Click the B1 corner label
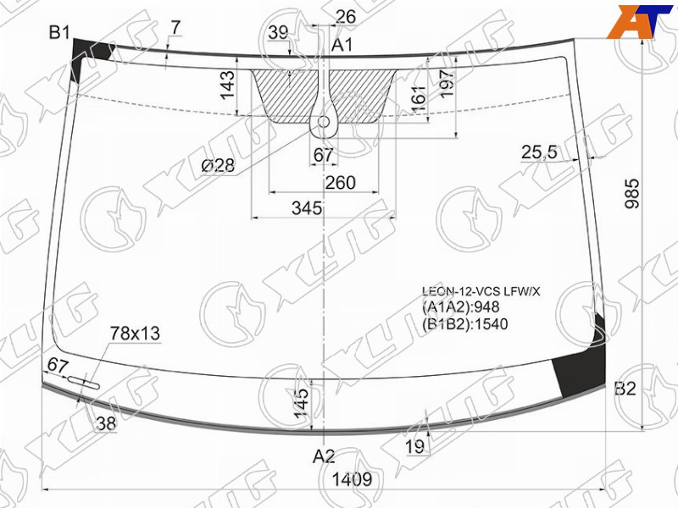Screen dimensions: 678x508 pos(59,32)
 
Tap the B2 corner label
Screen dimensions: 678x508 pos(625,389)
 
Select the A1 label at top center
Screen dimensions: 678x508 pos(342,45)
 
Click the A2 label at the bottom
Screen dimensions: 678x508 pos(324,456)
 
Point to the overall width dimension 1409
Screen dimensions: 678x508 pos(352,479)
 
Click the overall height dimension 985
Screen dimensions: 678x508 pos(632,193)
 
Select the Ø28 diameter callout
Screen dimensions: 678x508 pos(219,165)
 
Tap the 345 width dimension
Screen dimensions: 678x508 pos(307,208)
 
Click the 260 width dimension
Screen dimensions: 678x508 pos(341,183)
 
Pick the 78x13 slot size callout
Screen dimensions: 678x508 pos(135,333)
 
